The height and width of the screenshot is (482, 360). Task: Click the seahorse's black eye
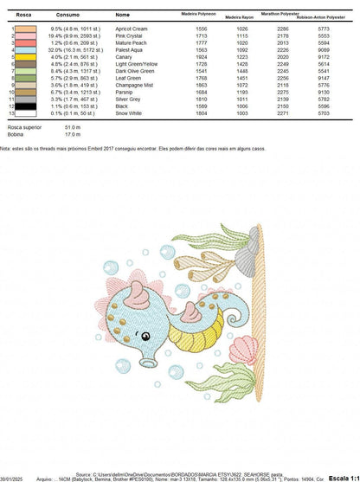pos(145,336)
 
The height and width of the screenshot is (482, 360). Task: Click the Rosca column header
pos(11,16)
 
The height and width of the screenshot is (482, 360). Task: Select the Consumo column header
pos(67,16)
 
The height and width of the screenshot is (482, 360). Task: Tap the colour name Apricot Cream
pos(132,29)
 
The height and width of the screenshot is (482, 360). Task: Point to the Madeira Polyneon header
pos(200,14)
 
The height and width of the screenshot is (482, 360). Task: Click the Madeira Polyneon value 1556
pos(201,29)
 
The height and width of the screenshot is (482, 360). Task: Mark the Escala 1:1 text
pos(343,476)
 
